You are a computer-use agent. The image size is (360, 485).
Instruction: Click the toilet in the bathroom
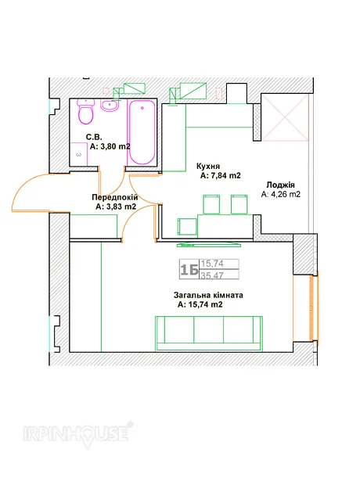click(85, 112)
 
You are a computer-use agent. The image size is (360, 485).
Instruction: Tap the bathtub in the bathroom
click(142, 132)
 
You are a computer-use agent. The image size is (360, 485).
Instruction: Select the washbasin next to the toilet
click(110, 106)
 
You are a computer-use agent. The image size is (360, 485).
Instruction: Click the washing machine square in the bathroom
click(78, 154)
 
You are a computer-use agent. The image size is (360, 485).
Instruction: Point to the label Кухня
click(208, 167)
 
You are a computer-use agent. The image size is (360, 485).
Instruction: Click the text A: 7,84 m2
click(221, 176)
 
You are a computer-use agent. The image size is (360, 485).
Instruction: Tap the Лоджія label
click(280, 185)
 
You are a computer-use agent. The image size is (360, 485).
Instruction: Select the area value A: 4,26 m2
click(281, 195)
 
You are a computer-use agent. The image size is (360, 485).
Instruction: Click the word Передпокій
click(114, 197)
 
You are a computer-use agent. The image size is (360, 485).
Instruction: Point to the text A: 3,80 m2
click(110, 146)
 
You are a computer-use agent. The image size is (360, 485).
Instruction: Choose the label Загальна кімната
click(208, 295)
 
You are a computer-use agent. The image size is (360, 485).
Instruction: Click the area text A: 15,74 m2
click(200, 304)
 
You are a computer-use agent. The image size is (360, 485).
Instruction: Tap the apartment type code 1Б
click(189, 270)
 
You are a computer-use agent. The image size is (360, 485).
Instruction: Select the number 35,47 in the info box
click(212, 275)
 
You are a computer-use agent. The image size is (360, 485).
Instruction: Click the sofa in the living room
click(209, 334)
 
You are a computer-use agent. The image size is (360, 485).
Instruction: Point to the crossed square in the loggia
click(285, 117)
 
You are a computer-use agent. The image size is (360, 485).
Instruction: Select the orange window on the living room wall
click(314, 307)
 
